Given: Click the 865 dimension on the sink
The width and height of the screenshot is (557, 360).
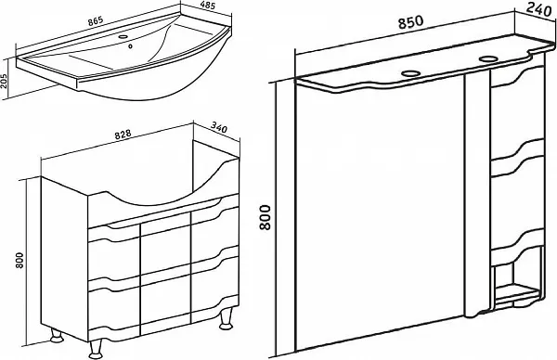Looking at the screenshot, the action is click(x=96, y=20).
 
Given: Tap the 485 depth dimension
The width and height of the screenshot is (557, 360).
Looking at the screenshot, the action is click(x=208, y=6).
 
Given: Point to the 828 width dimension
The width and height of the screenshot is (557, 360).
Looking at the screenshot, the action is click(x=123, y=135).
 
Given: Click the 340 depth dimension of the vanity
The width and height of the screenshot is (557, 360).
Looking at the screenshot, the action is click(x=219, y=127).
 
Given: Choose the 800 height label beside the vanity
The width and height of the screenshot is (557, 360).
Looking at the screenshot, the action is click(x=20, y=260).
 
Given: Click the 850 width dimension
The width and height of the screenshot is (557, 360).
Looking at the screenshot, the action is click(x=410, y=22).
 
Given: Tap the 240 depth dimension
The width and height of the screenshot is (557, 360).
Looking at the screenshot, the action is click(x=538, y=9).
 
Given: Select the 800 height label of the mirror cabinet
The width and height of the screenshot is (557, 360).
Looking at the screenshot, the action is click(x=266, y=217).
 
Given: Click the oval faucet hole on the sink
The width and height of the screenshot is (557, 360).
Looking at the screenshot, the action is click(x=123, y=36).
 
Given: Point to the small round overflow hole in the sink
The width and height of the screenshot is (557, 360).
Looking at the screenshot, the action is click(x=131, y=45).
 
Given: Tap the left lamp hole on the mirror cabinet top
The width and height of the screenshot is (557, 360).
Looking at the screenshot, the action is click(x=411, y=73).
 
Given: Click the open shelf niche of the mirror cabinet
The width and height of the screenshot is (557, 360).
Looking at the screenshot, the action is click(x=517, y=276).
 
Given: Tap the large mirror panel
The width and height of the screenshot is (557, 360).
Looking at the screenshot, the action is click(x=380, y=213).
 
